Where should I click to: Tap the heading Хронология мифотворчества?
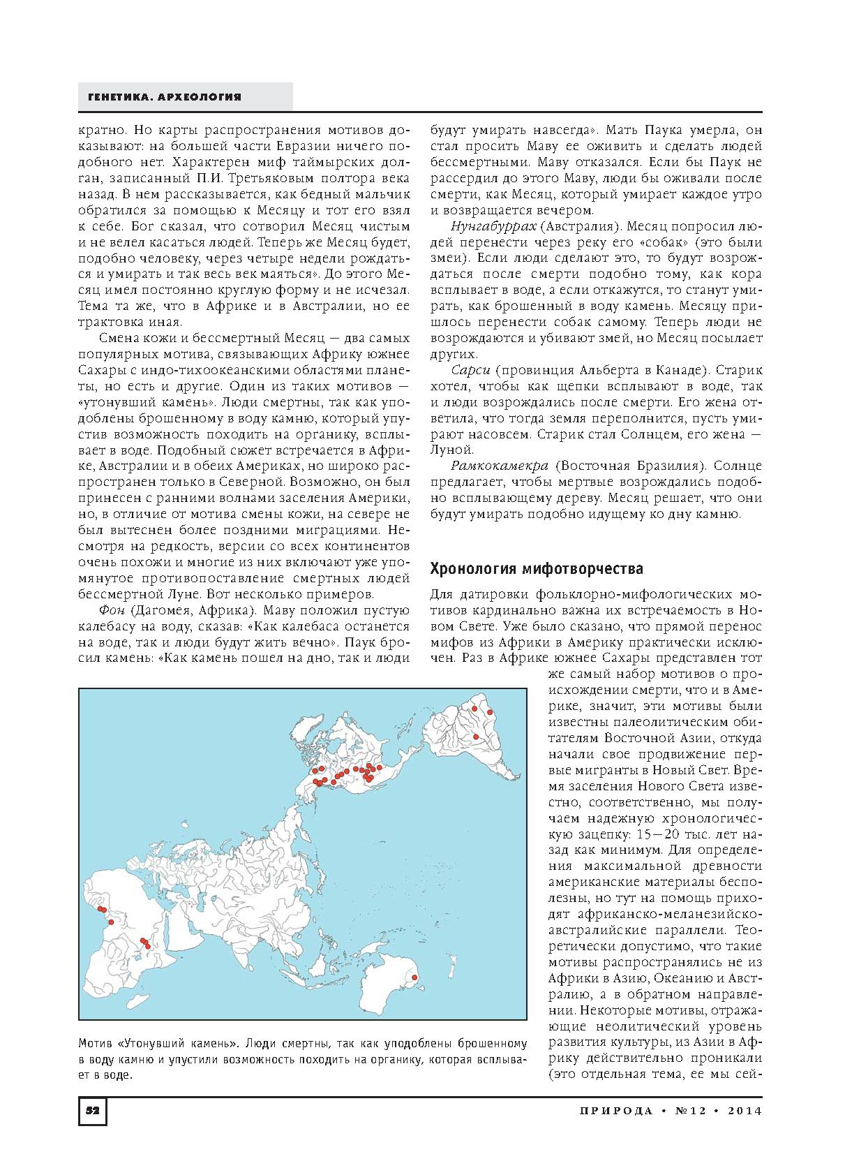tap(536, 569)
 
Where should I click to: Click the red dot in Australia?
tap(414, 977)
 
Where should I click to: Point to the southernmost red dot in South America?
tap(476, 737)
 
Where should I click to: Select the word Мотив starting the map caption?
tap(96, 1044)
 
